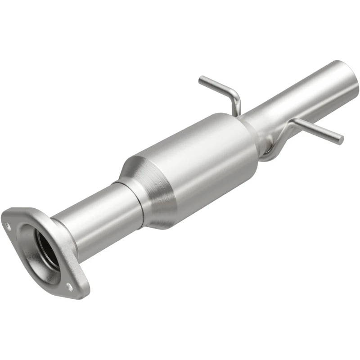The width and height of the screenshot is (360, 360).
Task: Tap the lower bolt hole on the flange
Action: [x=68, y=285]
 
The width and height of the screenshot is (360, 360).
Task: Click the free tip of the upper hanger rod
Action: [x=201, y=80]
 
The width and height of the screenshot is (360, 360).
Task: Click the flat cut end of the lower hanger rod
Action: [x=341, y=139]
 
